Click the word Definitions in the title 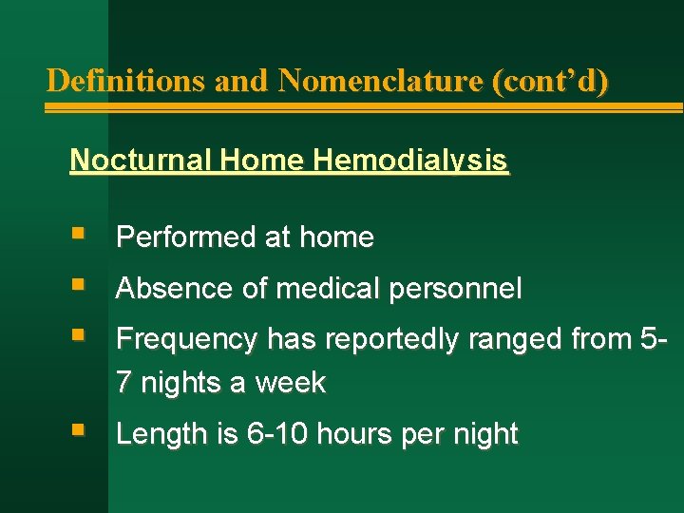pos(127,81)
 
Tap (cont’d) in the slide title pos(550,81)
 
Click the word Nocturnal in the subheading pos(140,161)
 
